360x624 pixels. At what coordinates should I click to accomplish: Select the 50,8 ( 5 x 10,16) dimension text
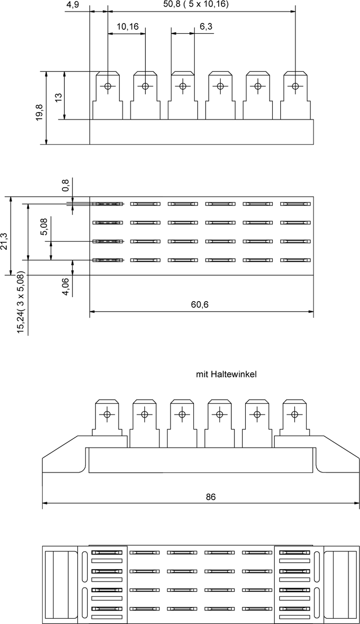click(x=196, y=5)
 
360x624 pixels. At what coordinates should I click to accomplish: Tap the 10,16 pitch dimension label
click(x=127, y=27)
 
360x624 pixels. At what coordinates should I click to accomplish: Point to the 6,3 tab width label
click(x=206, y=27)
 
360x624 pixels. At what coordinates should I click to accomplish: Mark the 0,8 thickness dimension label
click(x=66, y=185)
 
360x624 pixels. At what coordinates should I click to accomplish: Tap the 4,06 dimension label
click(x=65, y=287)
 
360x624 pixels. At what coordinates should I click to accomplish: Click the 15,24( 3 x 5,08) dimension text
click(x=20, y=303)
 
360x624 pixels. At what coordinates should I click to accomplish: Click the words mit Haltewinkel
click(x=226, y=374)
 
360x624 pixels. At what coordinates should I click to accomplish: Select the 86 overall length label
click(x=211, y=497)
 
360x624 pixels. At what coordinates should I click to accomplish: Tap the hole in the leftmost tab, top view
click(x=108, y=86)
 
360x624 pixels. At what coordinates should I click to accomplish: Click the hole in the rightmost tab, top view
click(x=295, y=86)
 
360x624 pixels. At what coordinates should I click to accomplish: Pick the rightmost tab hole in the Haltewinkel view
click(x=294, y=414)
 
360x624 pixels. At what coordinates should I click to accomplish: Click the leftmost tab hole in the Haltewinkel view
click(x=107, y=414)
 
